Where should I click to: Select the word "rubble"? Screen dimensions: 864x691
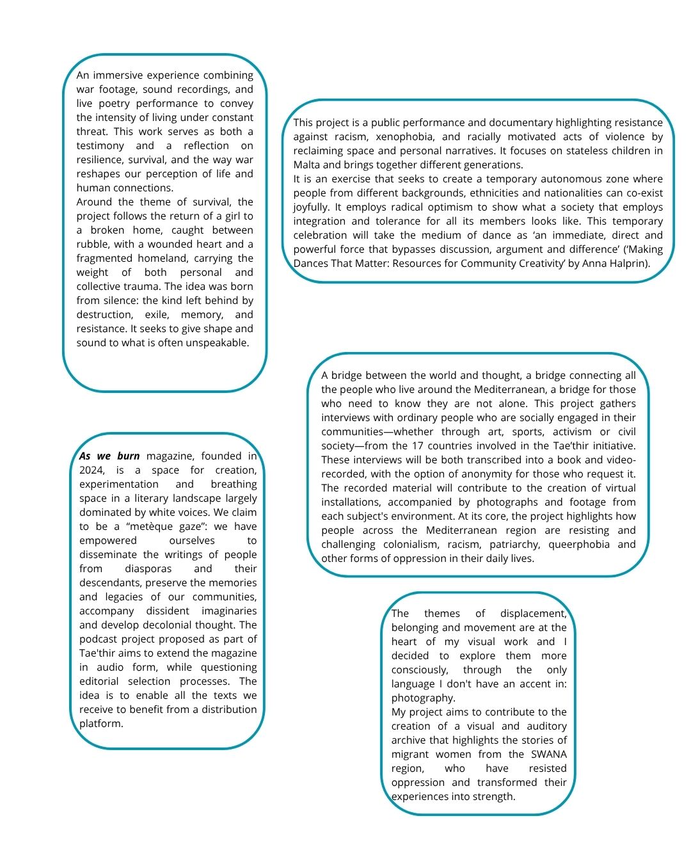95,244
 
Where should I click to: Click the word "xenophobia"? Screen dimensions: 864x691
406,137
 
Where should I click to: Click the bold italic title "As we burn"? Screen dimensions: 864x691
109,456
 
